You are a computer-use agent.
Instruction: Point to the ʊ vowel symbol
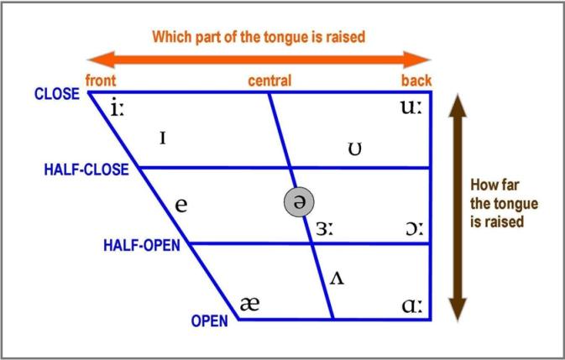pyautogui.click(x=355, y=150)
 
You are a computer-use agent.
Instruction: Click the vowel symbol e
pyautogui.click(x=180, y=204)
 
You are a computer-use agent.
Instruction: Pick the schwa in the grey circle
pyautogui.click(x=298, y=201)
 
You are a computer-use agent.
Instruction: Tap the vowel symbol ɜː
pyautogui.click(x=325, y=228)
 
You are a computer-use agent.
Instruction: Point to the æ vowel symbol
pyautogui.click(x=249, y=304)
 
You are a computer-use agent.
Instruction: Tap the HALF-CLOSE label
pyautogui.click(x=86, y=170)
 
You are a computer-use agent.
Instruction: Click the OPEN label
pyautogui.click(x=210, y=321)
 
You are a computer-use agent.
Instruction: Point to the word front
pyautogui.click(x=101, y=81)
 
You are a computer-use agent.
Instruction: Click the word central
pyautogui.click(x=269, y=81)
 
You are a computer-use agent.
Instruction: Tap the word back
pyautogui.click(x=416, y=81)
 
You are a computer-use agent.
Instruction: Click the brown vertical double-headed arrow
pyautogui.click(x=456, y=206)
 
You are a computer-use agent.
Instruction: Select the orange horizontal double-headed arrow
pyautogui.click(x=259, y=59)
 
